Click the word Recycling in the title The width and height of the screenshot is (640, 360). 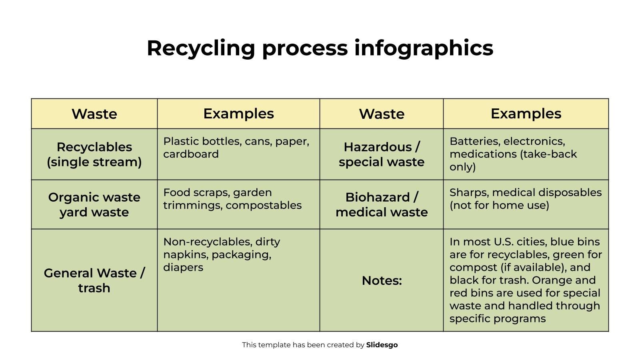[201, 48]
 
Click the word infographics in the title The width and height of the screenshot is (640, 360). [424, 48]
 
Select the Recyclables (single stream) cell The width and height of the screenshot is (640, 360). [94, 154]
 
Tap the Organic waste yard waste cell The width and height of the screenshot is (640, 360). [94, 204]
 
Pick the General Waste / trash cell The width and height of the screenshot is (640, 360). [94, 280]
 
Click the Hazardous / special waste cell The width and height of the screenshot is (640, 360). [382, 154]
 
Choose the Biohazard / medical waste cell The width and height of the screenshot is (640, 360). [382, 204]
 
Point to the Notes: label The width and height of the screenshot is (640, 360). [382, 280]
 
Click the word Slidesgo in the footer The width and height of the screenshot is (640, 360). [382, 345]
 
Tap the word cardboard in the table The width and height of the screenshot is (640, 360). [191, 154]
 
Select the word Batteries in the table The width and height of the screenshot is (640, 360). [474, 142]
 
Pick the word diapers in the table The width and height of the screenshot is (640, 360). [183, 268]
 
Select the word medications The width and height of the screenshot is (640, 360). [483, 154]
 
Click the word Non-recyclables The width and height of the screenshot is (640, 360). [208, 242]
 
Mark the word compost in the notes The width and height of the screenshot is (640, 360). [473, 268]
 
